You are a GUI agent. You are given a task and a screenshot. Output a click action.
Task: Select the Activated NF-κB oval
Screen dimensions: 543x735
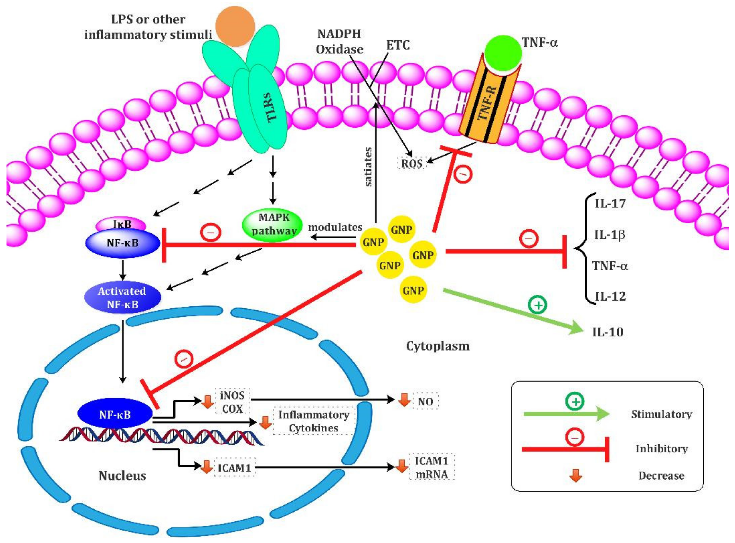122,297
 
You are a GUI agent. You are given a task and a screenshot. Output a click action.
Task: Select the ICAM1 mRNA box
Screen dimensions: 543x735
431,468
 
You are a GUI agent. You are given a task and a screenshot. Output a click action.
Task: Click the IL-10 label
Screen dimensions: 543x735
607,332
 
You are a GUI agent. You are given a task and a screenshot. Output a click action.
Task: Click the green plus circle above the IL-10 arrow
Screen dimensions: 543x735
537,305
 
